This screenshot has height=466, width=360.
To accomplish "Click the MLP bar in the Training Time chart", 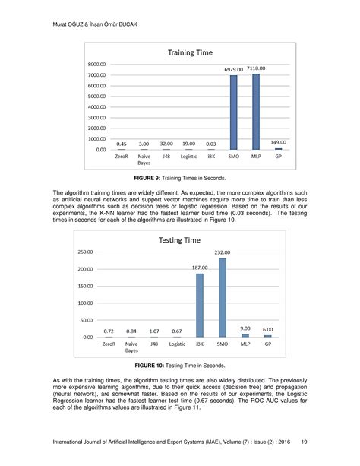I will [256, 111].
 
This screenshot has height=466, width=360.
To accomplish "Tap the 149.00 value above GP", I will [279, 141].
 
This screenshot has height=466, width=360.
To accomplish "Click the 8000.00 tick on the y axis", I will [96, 65].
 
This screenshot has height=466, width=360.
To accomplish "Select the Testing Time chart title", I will [179, 240].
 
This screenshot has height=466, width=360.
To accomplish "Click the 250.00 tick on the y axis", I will [86, 252].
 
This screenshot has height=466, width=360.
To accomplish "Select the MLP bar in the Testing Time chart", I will [245, 334].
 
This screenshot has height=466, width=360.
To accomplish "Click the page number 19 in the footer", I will [305, 441].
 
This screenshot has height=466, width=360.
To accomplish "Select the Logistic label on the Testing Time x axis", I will [177, 344].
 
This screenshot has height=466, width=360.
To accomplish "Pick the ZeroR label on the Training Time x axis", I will [122, 156].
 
